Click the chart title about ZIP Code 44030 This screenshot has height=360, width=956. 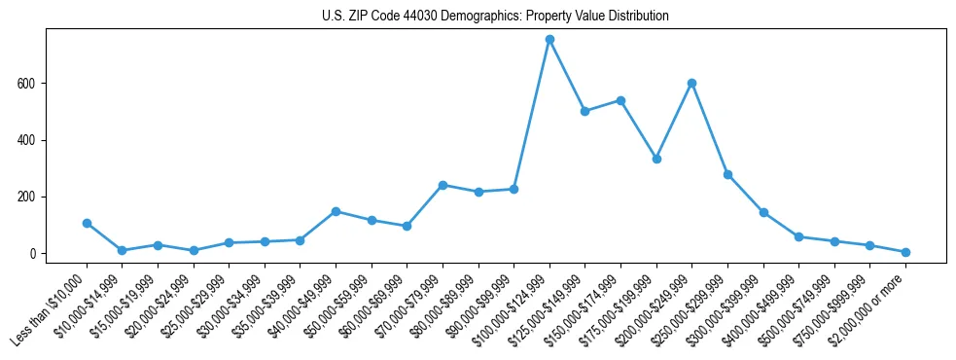(x=495, y=17)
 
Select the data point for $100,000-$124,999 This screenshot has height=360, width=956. (x=549, y=39)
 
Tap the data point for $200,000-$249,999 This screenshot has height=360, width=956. (x=691, y=83)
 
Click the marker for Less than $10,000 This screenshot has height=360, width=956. (x=87, y=223)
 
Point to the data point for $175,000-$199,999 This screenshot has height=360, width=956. (x=656, y=159)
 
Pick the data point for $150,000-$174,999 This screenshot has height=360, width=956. (x=620, y=100)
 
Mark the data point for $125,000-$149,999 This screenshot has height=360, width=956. (x=584, y=111)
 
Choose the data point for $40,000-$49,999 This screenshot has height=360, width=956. (x=336, y=211)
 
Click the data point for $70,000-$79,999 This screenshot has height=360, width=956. (x=443, y=185)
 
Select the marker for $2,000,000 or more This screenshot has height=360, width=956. (x=905, y=252)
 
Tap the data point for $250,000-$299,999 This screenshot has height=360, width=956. (x=727, y=174)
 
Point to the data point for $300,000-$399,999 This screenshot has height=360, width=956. (x=763, y=212)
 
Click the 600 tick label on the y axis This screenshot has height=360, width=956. (x=26, y=84)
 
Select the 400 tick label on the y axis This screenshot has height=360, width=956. (x=26, y=140)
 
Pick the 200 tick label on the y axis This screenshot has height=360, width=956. (x=26, y=197)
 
